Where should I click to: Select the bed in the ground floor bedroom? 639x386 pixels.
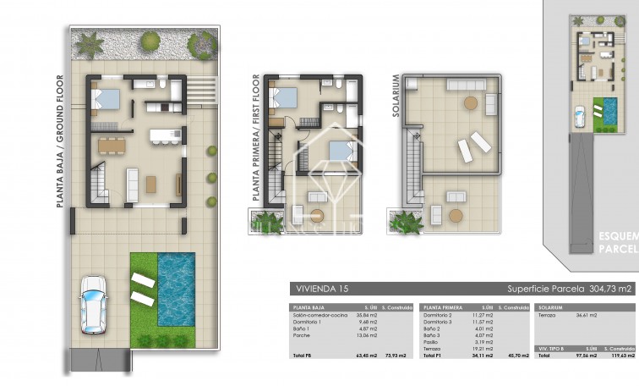pyautogui.click(x=106, y=99)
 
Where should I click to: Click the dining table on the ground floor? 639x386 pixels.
pyautogui.click(x=112, y=145)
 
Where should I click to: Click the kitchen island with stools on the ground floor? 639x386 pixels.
pyautogui.click(x=163, y=135)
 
